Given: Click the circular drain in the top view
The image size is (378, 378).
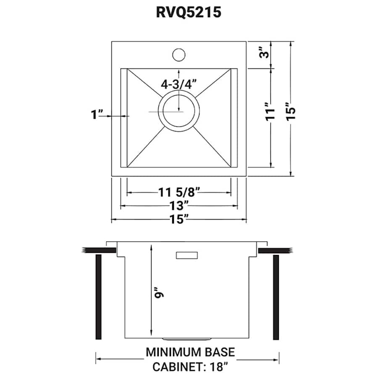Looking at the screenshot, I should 178,111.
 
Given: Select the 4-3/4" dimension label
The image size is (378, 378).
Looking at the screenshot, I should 178,84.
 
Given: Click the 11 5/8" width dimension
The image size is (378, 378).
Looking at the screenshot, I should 178,193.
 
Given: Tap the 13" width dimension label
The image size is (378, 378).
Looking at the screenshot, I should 178,206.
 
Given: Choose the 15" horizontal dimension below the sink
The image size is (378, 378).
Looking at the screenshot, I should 178,219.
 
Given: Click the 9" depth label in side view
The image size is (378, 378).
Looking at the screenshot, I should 158,292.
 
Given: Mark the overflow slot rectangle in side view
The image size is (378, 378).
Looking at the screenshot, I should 186,255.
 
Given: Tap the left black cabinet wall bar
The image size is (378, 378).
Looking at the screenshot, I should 99,297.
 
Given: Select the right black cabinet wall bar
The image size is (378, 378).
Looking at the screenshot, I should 276,297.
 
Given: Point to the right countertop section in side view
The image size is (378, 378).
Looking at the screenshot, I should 275,251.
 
